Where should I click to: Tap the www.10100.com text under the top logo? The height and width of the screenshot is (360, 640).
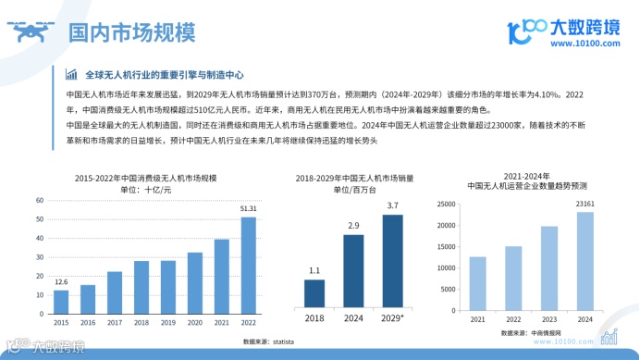coord(588,43)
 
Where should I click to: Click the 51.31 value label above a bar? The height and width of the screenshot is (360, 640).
coord(249,209)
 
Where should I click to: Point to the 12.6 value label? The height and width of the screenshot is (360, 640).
coord(61,281)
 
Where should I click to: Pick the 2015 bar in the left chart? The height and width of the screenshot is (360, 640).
coord(61,302)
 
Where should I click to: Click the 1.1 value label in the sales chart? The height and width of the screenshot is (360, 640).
coord(314,270)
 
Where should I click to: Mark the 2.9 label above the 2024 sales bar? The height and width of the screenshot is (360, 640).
coord(353,225)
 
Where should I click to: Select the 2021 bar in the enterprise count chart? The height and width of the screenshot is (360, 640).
coord(478,283)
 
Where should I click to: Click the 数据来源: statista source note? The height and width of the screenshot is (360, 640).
coord(268,341)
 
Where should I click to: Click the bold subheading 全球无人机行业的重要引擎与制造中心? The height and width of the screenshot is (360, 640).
coord(164,75)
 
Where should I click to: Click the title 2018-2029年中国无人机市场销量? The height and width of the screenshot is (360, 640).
coord(354,177)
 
